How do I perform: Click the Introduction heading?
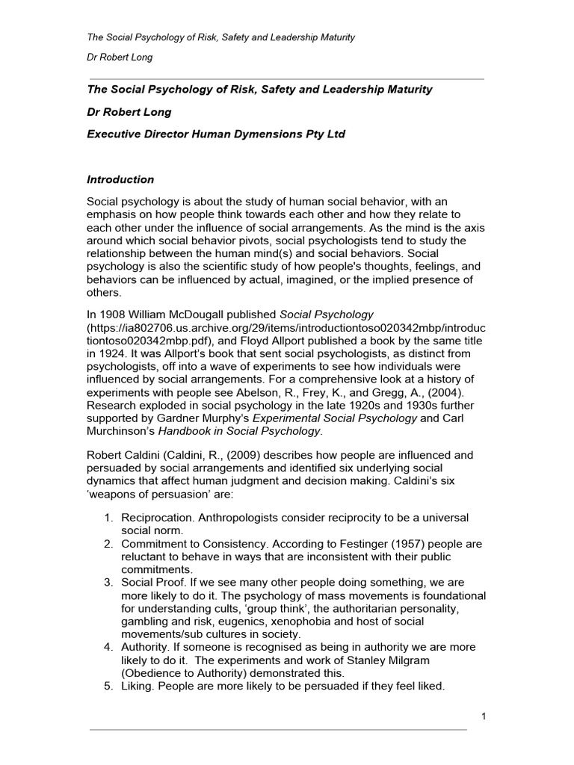pyautogui.click(x=120, y=180)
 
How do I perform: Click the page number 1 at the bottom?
pyautogui.click(x=484, y=717)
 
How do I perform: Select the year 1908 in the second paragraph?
pyautogui.click(x=113, y=313)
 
